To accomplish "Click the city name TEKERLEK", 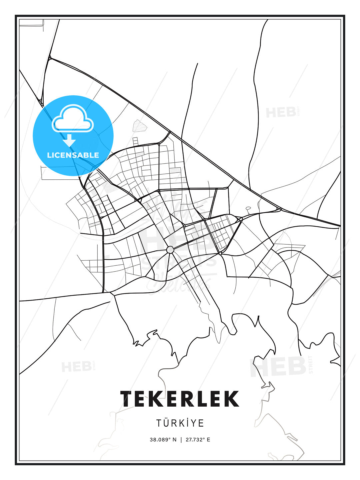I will click(x=180, y=399).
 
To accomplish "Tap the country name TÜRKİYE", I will click(x=180, y=423).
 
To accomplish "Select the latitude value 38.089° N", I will click(x=163, y=440).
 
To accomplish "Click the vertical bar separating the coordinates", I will click(x=181, y=440).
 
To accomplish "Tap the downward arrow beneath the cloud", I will click(x=69, y=140).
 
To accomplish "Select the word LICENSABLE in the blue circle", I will click(x=73, y=155).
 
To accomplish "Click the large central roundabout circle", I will click(x=170, y=250).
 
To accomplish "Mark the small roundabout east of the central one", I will click(x=220, y=253).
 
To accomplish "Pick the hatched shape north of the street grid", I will click(x=139, y=126).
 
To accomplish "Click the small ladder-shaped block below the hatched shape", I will click(x=135, y=141).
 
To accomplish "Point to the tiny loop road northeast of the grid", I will click(x=248, y=209).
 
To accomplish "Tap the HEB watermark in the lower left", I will click(x=77, y=367).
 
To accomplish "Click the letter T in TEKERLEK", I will click(x=127, y=399).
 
